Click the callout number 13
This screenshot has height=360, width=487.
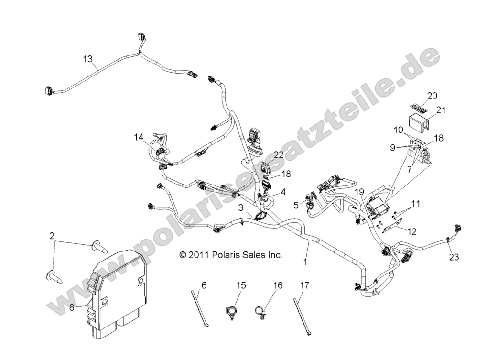click(87, 59)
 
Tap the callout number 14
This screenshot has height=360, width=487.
click(139, 137)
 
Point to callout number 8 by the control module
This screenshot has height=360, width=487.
click(72, 307)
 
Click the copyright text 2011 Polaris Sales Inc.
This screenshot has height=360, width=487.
click(231, 255)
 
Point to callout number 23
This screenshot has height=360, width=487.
click(454, 257)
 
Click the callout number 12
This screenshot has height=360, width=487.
click(411, 231)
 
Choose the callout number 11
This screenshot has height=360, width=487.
click(416, 204)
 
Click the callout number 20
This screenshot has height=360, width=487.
click(432, 96)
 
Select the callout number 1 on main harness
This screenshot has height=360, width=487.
click(305, 262)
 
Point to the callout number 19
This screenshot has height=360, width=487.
click(359, 192)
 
